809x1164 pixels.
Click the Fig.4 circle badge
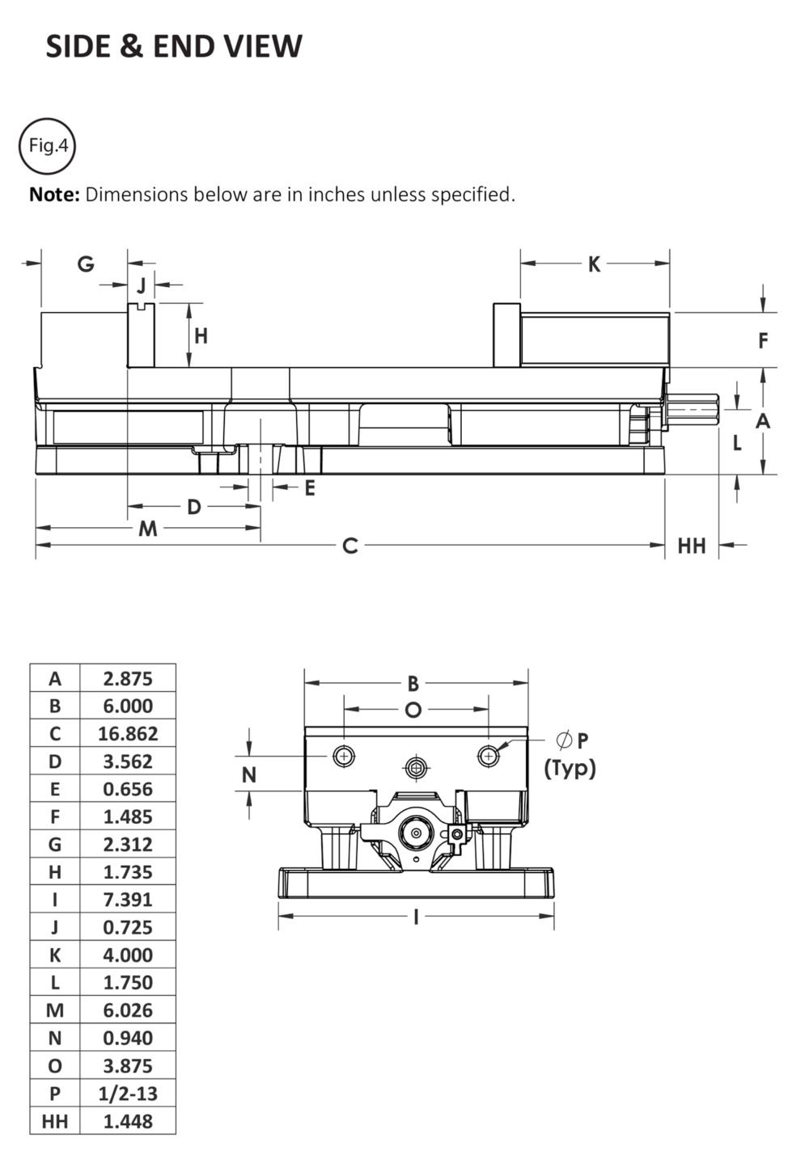pos(47,146)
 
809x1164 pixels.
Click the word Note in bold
pos(54,195)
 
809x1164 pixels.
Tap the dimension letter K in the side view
pos(594,264)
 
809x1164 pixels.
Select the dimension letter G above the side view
pos(86,264)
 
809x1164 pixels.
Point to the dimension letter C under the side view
pos(349,546)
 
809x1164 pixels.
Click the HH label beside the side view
pos(691,546)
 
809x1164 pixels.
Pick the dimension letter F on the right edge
pos(762,341)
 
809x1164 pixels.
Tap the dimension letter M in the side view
pos(147,529)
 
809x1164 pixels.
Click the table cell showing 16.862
pos(128,734)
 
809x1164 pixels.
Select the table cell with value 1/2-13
pos(128,1094)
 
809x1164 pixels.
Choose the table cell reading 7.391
pos(128,900)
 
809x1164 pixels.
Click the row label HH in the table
pos(55,1121)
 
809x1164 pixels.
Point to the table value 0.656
pos(128,789)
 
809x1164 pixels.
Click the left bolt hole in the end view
pos(344,756)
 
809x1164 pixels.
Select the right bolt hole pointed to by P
pos(488,756)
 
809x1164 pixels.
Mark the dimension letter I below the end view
pos(416,917)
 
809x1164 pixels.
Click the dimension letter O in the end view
pos(413,711)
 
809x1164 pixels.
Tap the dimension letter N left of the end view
pos(249,775)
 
